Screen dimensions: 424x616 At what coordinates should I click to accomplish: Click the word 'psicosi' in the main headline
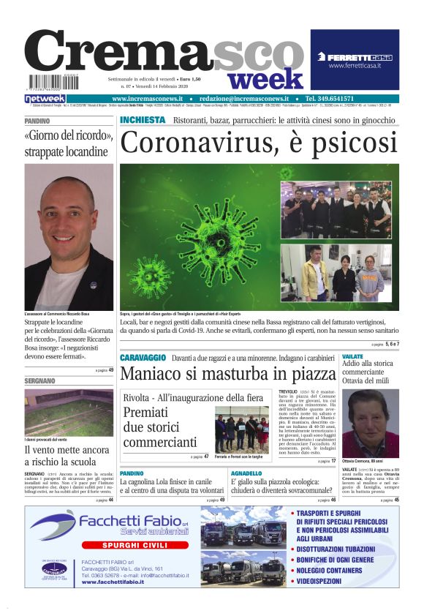click(347, 141)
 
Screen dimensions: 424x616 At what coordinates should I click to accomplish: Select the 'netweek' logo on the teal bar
click(45, 98)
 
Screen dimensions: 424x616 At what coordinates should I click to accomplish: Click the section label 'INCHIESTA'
click(143, 119)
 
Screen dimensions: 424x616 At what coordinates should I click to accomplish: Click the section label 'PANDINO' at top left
click(37, 120)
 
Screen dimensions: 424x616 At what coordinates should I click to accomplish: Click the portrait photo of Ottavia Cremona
click(370, 423)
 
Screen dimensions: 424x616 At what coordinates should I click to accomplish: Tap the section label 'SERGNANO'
click(40, 381)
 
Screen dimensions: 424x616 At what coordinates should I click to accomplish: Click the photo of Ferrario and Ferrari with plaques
click(242, 429)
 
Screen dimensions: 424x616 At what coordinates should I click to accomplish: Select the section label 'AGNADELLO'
click(246, 473)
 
